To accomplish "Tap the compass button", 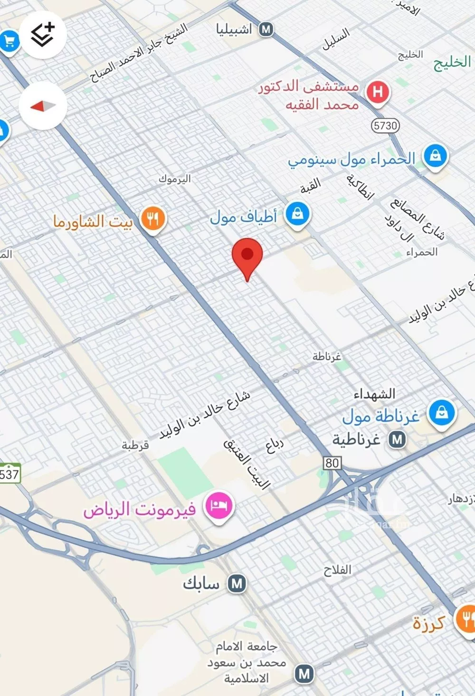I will point(43,105).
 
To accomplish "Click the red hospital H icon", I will point(378,91).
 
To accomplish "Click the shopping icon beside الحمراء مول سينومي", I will point(435,156).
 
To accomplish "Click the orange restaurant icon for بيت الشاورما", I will point(152,219).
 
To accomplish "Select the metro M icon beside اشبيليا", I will point(266,29).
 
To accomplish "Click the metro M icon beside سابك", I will point(237,583).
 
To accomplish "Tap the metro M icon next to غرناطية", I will point(397,439).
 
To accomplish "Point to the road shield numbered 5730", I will point(385,125).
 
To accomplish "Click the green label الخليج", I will point(452,63).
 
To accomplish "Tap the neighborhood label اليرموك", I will point(175,179).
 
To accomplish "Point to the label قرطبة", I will point(135,445).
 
